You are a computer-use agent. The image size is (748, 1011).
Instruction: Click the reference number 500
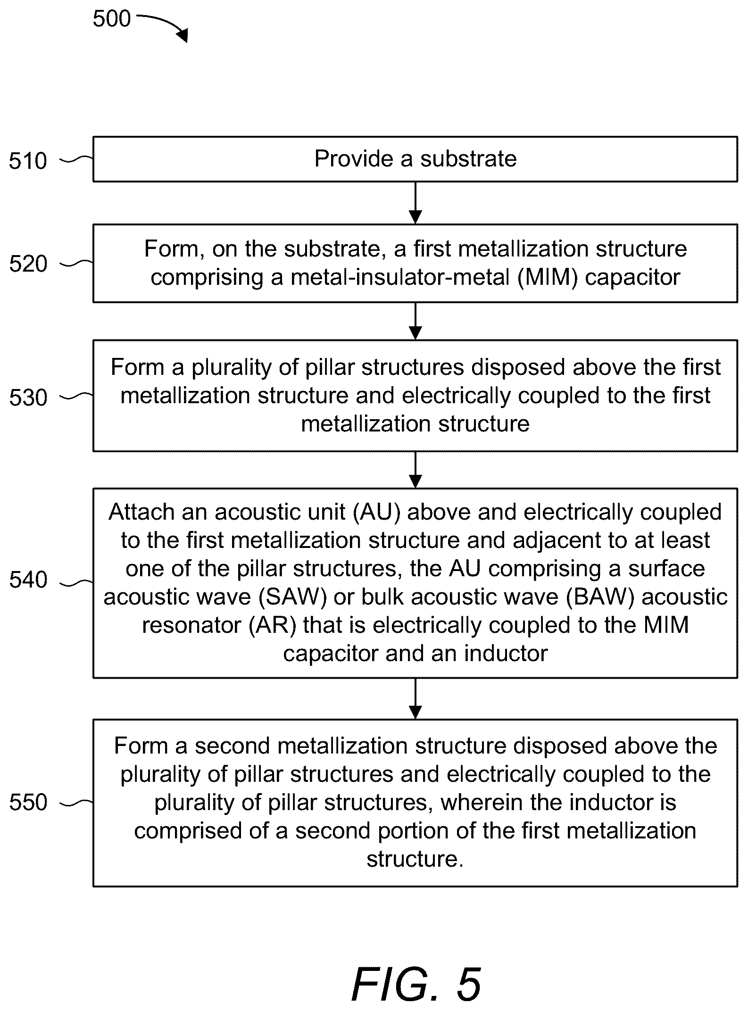coord(112,19)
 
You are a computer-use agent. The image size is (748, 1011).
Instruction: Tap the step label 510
coord(28,161)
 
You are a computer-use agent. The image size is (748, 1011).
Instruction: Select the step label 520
coord(28,264)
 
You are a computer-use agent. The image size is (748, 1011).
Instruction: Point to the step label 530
coord(28,398)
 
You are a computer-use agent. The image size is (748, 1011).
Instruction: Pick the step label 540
coord(28,580)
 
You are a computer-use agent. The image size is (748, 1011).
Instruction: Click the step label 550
coord(28,803)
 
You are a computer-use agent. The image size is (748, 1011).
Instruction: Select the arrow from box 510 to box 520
coord(415,203)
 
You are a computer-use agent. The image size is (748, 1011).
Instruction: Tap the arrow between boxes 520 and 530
coord(415,321)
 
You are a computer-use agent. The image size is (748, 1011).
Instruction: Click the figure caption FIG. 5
coord(417,984)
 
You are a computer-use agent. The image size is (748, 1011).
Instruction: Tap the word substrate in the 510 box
coord(468,159)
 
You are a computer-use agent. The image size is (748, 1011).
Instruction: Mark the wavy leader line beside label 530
coord(76,397)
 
